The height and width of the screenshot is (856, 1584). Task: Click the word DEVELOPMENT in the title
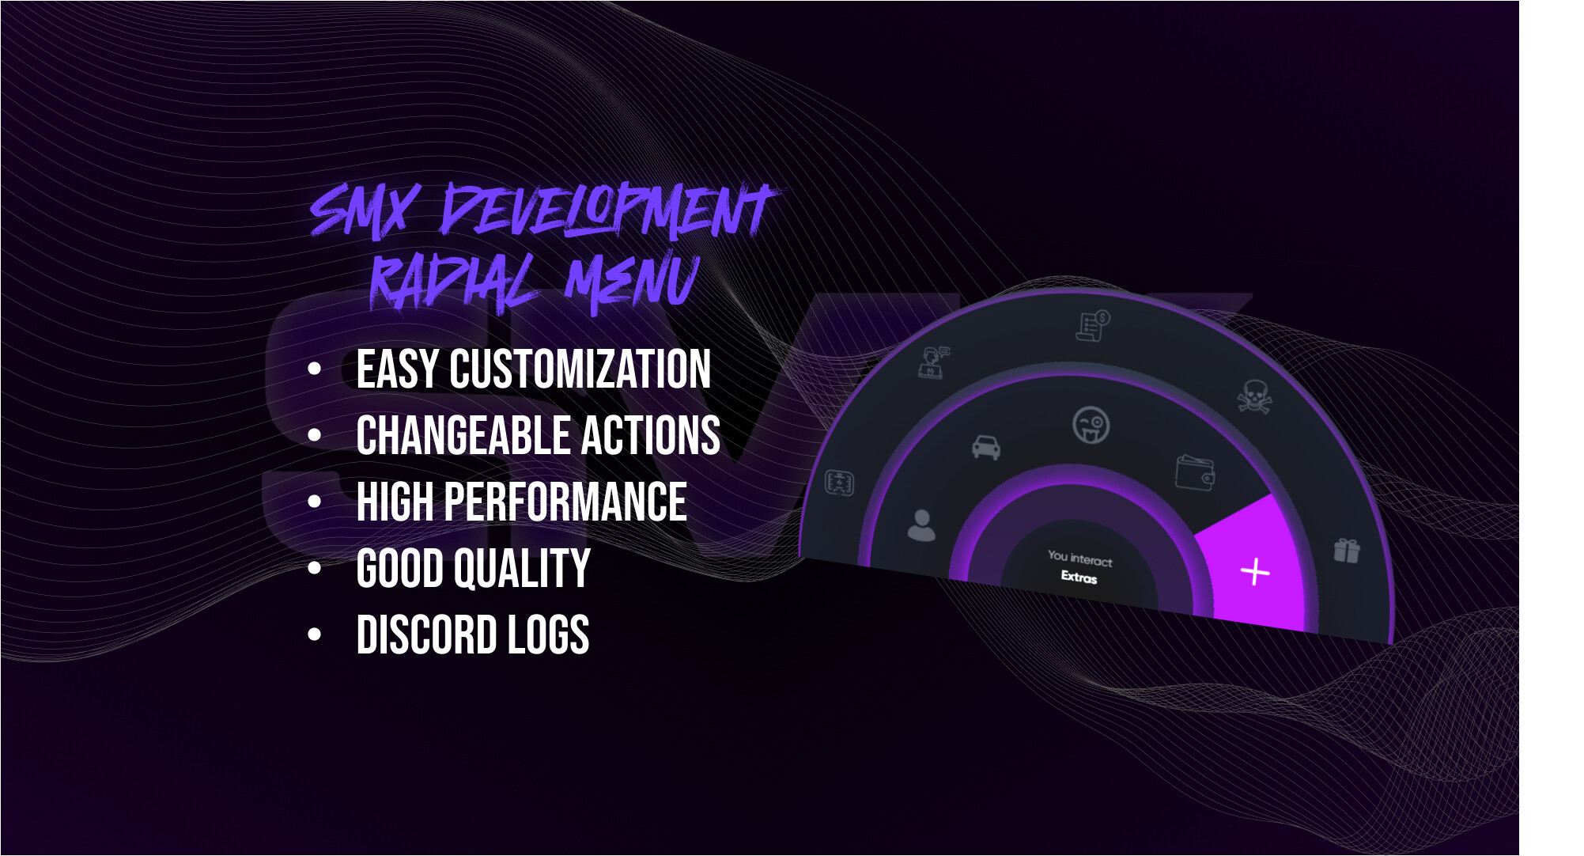click(x=609, y=210)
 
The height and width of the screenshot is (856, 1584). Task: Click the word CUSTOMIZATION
click(x=580, y=369)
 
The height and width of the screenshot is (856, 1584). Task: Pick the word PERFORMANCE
click(x=565, y=502)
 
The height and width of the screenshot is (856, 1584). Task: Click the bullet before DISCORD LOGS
click(x=315, y=634)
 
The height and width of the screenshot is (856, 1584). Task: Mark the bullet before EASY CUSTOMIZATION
click(x=315, y=369)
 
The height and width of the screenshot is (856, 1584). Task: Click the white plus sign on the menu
click(x=1255, y=571)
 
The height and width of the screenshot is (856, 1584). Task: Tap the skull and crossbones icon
click(x=1253, y=396)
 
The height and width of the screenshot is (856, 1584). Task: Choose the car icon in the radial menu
click(x=986, y=447)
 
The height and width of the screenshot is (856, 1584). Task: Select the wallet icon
click(x=1195, y=472)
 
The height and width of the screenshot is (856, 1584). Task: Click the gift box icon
click(x=1347, y=550)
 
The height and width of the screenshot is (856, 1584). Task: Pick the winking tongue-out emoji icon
click(x=1091, y=425)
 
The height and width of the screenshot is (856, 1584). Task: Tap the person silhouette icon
click(x=921, y=525)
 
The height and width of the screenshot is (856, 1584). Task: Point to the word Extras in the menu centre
click(x=1079, y=577)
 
